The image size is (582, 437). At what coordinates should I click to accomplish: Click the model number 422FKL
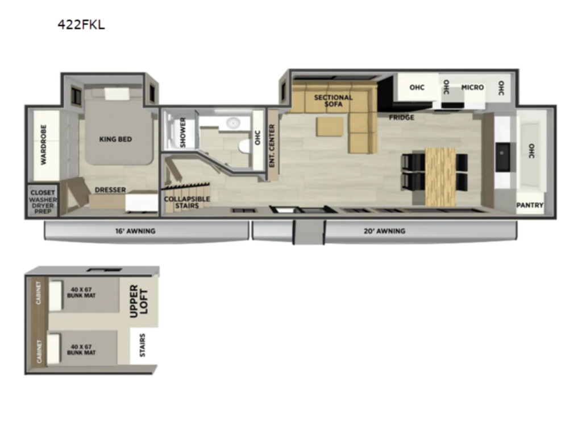[x=81, y=24]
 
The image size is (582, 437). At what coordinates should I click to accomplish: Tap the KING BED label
[x=115, y=139]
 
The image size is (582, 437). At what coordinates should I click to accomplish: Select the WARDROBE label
[x=43, y=145]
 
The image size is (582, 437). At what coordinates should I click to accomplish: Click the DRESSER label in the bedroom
[x=110, y=189]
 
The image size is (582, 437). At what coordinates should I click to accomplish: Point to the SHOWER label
[x=182, y=132]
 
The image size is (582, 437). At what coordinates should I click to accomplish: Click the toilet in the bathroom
[x=244, y=146]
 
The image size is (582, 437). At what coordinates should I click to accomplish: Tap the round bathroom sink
[x=233, y=122]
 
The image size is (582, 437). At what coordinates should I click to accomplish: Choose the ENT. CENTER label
[x=272, y=145]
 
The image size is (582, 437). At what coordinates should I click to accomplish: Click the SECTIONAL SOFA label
[x=333, y=101]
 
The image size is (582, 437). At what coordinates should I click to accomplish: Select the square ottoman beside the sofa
[x=330, y=126]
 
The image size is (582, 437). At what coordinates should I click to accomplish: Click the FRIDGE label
[x=401, y=117]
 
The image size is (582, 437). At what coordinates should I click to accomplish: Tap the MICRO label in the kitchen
[x=472, y=87]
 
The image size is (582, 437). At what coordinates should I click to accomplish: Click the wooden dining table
[x=440, y=176]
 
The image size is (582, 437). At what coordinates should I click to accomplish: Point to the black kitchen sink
[x=502, y=156]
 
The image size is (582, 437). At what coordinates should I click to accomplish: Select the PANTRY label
[x=530, y=205]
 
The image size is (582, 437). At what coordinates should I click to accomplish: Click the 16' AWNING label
[x=135, y=231]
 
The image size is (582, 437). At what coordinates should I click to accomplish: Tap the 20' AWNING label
[x=384, y=231]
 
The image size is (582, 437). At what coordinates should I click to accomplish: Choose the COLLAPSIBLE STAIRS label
[x=187, y=202]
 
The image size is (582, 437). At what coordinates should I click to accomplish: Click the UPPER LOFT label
[x=139, y=302]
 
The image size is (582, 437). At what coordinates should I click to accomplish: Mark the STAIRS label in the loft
[x=143, y=345]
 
